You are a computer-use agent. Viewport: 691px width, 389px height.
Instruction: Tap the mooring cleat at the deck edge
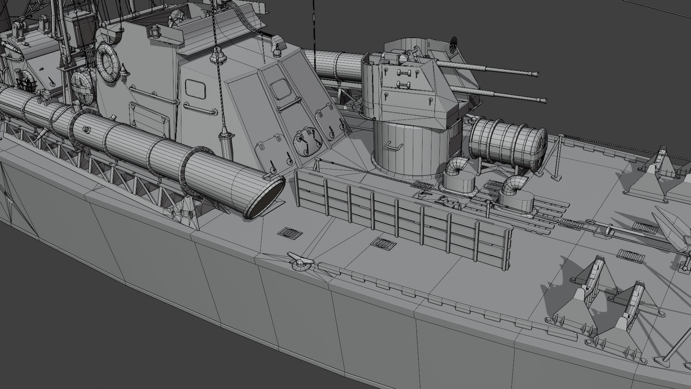coord(300,261)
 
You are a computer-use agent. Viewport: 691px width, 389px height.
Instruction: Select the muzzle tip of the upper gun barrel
coord(536,74)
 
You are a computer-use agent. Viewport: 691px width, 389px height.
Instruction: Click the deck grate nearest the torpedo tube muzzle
coord(290,233)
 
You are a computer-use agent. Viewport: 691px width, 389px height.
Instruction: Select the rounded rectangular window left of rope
coord(195,88)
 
